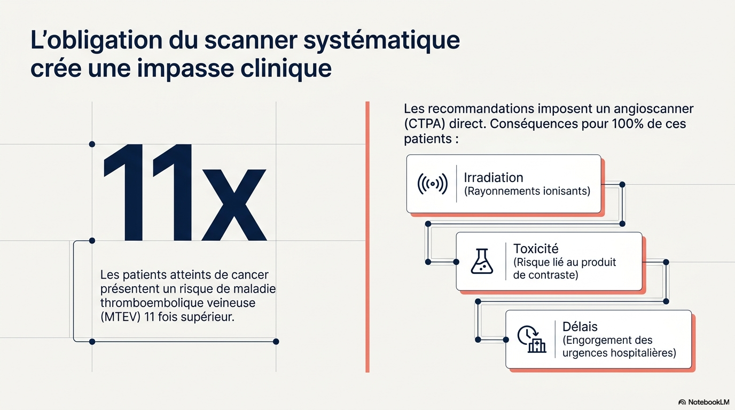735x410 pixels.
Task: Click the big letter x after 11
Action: point(233,205)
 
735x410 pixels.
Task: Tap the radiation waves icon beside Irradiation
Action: point(433,184)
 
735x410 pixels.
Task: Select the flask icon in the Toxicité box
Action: point(482,262)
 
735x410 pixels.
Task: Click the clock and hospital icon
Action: point(531,339)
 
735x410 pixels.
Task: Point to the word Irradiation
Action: point(494,177)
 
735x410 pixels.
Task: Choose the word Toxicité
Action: point(536,249)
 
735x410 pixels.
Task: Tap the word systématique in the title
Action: point(381,41)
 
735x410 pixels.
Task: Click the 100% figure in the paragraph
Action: point(627,124)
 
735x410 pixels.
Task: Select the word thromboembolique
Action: point(158,303)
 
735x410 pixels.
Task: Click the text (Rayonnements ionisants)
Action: point(527,191)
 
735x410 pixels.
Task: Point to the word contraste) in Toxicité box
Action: point(557,275)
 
